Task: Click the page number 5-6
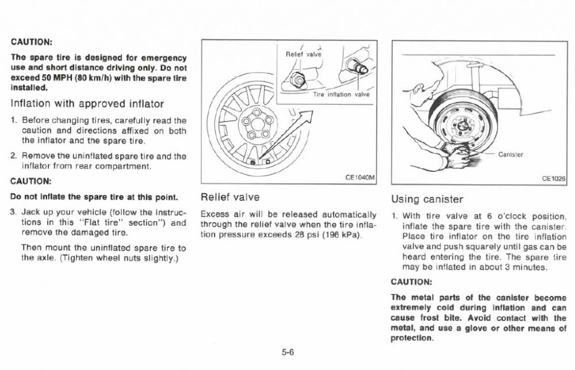(x=287, y=352)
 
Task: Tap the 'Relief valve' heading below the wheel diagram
(x=226, y=197)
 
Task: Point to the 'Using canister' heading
(x=427, y=200)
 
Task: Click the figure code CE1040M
(x=359, y=178)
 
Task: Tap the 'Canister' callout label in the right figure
(x=509, y=154)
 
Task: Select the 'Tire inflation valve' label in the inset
(x=342, y=94)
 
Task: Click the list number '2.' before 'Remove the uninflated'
(x=13, y=156)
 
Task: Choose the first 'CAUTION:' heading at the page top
(x=32, y=42)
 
